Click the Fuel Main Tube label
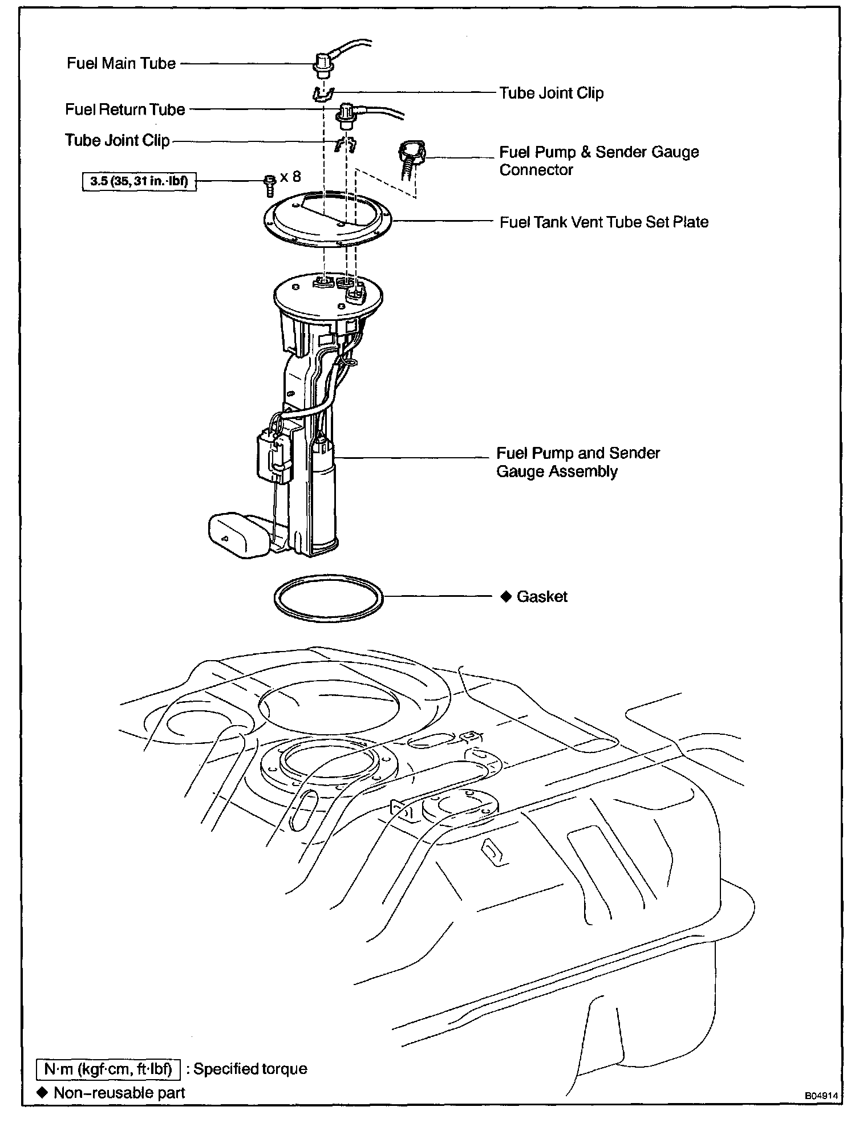point(121,63)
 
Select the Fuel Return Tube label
point(125,109)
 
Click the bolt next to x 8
point(270,184)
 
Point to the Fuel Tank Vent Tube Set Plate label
point(603,222)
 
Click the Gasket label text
point(542,597)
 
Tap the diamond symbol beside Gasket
point(505,597)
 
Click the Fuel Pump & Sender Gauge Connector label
point(598,161)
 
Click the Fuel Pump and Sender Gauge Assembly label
point(578,462)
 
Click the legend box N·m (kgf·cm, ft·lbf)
point(108,1068)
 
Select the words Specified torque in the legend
point(250,1068)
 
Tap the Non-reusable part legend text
point(119,1092)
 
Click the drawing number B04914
point(822,1096)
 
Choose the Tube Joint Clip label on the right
point(551,93)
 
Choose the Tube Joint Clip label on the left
point(117,140)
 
